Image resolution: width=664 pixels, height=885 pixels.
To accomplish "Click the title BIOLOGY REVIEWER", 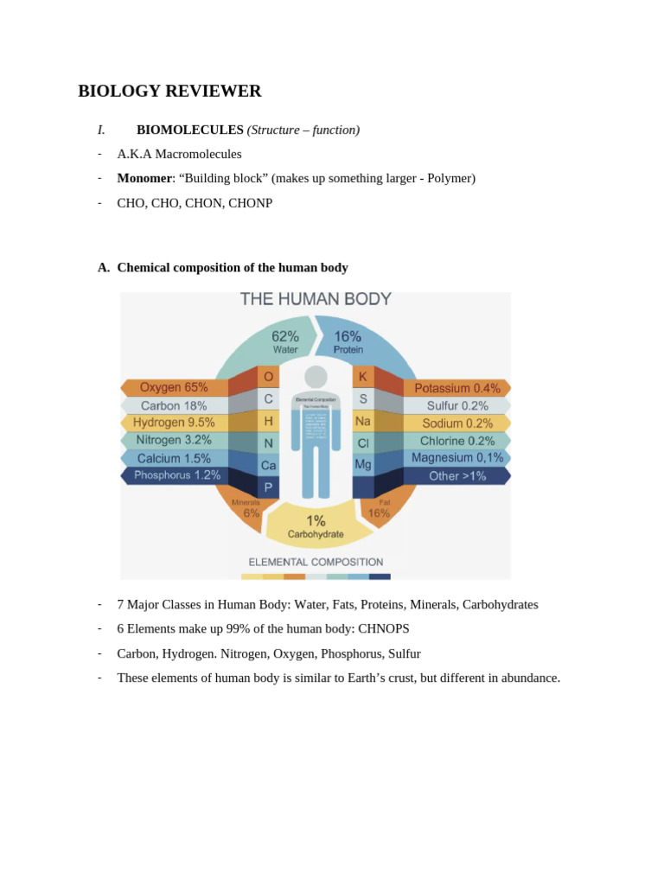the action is (x=169, y=91).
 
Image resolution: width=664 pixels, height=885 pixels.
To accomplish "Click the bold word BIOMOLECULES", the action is (x=190, y=130).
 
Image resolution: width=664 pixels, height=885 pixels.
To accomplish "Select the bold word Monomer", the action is (x=144, y=178).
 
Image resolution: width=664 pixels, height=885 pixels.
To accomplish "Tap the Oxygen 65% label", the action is (x=174, y=388).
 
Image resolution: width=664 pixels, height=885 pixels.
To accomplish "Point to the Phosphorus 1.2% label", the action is (x=177, y=475).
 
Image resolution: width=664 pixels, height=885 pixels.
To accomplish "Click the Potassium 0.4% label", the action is (x=457, y=389).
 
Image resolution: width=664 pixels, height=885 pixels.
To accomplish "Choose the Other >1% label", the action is (x=457, y=476).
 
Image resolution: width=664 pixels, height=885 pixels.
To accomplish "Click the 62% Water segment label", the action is (x=285, y=342).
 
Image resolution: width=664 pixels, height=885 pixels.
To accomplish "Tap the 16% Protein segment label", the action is (x=348, y=342).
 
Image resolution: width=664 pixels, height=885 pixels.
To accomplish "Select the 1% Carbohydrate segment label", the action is (x=316, y=526).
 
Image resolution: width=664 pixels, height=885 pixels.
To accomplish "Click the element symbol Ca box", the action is (x=269, y=465).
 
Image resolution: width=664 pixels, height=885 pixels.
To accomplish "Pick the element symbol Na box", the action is (x=363, y=421).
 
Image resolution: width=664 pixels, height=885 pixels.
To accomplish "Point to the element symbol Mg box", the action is (x=363, y=464).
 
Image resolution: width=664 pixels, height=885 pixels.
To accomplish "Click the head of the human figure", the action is (x=316, y=377).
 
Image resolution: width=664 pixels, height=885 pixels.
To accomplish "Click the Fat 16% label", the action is (x=380, y=508).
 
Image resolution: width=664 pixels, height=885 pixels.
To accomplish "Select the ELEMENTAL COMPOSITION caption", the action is (x=316, y=562).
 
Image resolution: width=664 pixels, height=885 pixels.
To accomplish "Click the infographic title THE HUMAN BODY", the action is (x=316, y=300).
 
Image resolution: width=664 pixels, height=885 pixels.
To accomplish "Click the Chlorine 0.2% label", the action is (x=457, y=441).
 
